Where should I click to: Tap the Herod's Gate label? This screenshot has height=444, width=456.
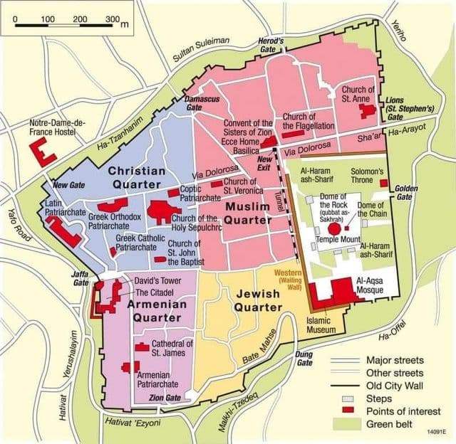click(x=271, y=46)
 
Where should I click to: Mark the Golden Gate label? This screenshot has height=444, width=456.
click(x=404, y=192)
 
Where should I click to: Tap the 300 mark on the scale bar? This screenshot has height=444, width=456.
click(x=112, y=18)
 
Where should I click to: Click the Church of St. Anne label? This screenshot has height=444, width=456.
click(x=358, y=95)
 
